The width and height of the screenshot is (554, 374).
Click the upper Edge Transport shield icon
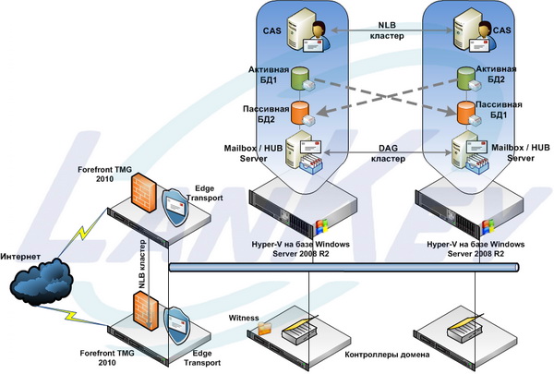(178, 205)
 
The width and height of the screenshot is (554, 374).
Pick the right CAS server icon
(466, 31)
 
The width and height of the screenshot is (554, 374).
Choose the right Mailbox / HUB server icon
(468, 151)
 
